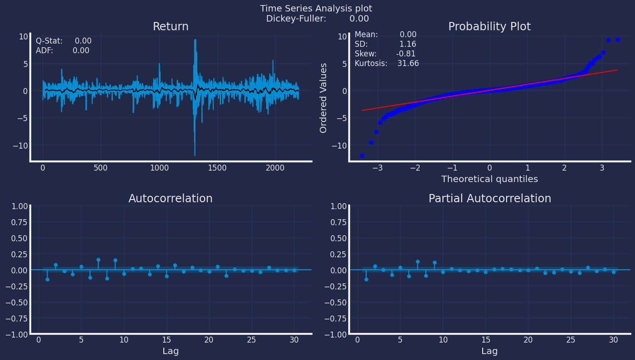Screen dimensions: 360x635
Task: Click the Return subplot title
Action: pyautogui.click(x=170, y=27)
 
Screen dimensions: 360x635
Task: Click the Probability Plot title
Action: pyautogui.click(x=489, y=27)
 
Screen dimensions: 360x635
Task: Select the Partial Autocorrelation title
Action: pyautogui.click(x=490, y=199)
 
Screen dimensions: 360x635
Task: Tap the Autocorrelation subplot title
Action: pyautogui.click(x=170, y=199)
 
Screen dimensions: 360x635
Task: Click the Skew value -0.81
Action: pyautogui.click(x=406, y=54)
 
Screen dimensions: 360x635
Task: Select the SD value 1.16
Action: pyautogui.click(x=407, y=44)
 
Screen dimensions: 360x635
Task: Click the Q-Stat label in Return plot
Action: pyautogui.click(x=49, y=41)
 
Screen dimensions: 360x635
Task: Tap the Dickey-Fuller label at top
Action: pyautogui.click(x=296, y=19)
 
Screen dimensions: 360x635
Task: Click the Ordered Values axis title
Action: pyautogui.click(x=323, y=98)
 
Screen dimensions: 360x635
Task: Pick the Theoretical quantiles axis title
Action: pyautogui.click(x=489, y=179)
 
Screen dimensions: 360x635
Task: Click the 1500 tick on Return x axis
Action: pyautogui.click(x=217, y=168)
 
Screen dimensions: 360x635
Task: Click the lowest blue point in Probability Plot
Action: pyautogui.click(x=362, y=155)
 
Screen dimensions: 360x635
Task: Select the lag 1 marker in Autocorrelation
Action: pyautogui.click(x=47, y=279)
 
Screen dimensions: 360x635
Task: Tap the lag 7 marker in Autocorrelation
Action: pyautogui.click(x=98, y=260)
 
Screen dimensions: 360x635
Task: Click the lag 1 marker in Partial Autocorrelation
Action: pyautogui.click(x=366, y=279)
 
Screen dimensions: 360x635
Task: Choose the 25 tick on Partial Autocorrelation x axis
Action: pyautogui.click(x=571, y=340)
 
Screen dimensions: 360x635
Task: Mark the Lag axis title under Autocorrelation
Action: pyautogui.click(x=170, y=351)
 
